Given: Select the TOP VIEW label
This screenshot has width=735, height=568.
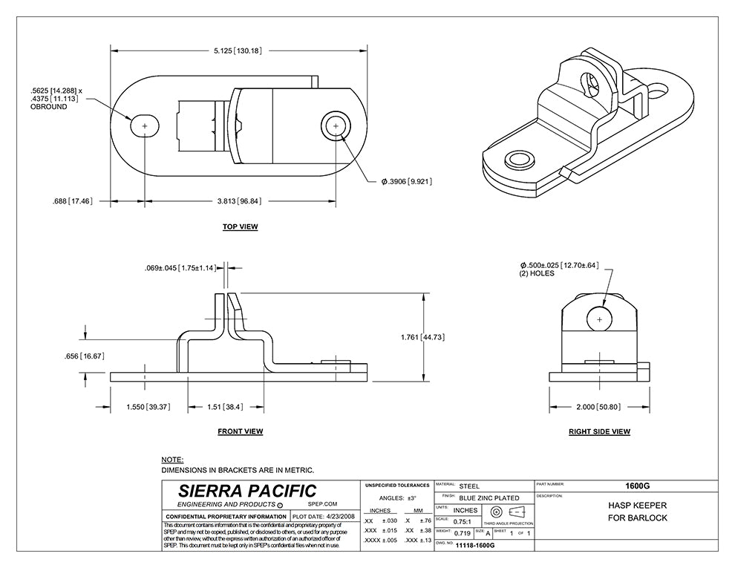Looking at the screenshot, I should tap(240, 226).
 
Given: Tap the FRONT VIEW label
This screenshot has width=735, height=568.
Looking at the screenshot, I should tap(240, 431).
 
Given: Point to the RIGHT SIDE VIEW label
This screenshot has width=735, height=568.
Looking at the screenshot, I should tap(599, 431).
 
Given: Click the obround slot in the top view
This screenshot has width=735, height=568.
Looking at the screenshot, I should tap(145, 127).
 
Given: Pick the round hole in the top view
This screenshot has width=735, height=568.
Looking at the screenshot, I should tap(336, 127).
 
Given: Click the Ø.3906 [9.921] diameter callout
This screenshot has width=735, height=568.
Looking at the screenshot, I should tap(406, 181).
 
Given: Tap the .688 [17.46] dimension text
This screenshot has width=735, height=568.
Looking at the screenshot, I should tap(72, 200).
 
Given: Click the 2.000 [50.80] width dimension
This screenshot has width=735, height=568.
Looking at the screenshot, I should tap(599, 407).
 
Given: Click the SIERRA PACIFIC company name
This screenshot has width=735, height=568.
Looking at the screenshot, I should tap(247, 491).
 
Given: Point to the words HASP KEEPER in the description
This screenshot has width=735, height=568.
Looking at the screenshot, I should tap(627, 506).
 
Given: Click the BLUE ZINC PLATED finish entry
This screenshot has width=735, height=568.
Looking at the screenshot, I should tap(489, 497).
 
